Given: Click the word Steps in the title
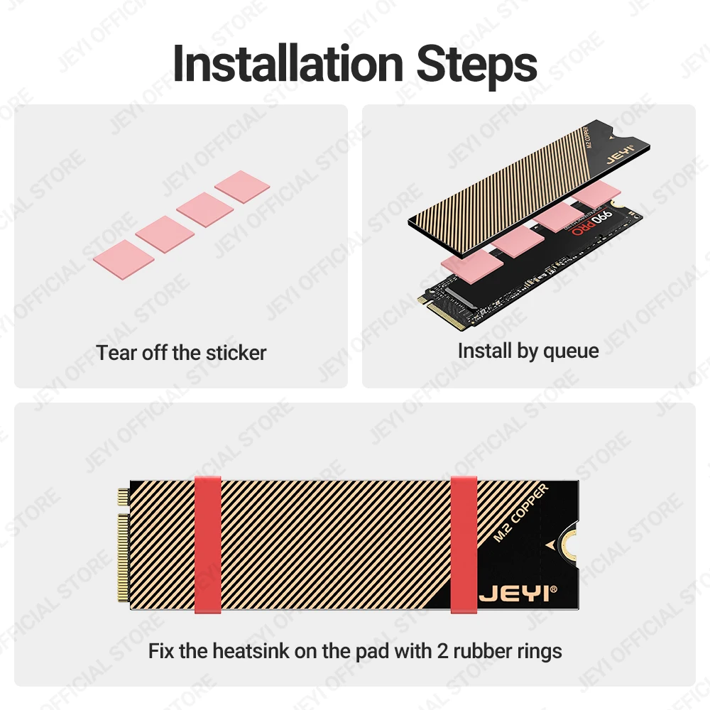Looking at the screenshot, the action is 477,65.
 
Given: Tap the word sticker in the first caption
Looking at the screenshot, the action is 236,353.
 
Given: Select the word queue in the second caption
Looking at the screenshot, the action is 571,352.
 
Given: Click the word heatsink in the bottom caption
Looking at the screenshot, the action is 251,651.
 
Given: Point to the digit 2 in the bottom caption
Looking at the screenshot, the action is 442,652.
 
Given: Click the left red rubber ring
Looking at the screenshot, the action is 208,545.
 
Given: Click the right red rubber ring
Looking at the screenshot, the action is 464,545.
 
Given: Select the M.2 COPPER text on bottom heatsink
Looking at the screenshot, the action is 520,513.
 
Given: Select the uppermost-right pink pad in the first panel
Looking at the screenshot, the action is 242,186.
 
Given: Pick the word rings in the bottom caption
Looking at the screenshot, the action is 538,652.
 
